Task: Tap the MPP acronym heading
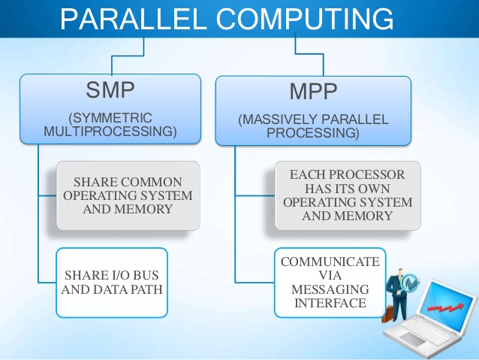click(315, 94)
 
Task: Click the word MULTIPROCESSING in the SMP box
click(110, 132)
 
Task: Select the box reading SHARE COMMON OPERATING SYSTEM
click(128, 195)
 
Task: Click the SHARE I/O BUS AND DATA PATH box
click(111, 282)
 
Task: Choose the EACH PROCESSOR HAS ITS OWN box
click(346, 195)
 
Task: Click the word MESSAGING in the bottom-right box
click(330, 289)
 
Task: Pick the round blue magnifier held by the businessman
click(411, 283)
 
